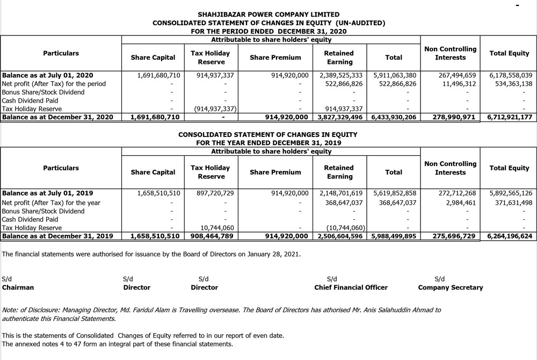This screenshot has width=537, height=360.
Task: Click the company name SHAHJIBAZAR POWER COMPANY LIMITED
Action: tap(268, 15)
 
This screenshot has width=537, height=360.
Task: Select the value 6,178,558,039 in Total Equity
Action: tap(511, 75)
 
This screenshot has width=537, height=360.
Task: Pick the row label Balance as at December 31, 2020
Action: tap(58, 117)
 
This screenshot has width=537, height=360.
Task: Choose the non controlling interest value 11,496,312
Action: tap(454, 84)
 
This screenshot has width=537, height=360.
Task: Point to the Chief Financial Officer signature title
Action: tap(351, 287)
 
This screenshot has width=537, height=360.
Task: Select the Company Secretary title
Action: tap(450, 287)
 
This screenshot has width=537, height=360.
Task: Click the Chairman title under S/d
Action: tap(18, 287)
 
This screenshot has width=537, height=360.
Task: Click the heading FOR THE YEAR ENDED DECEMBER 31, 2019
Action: tap(268, 143)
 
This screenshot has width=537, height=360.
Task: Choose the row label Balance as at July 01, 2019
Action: tap(48, 193)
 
